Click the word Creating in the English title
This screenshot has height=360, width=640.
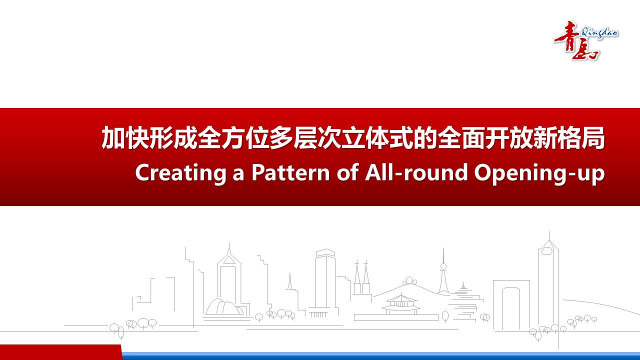point(181,173)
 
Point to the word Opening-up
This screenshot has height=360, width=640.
point(539,173)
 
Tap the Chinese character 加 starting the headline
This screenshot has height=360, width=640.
point(113,137)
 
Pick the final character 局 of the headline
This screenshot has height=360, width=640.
point(592,137)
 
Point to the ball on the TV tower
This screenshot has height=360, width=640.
point(443,266)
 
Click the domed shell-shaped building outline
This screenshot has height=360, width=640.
point(223,307)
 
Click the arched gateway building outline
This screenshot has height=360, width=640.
point(511,305)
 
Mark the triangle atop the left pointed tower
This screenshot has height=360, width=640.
point(228,259)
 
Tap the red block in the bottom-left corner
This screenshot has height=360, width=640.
point(61,352)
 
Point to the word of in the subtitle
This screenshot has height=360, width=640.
point(347,172)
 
